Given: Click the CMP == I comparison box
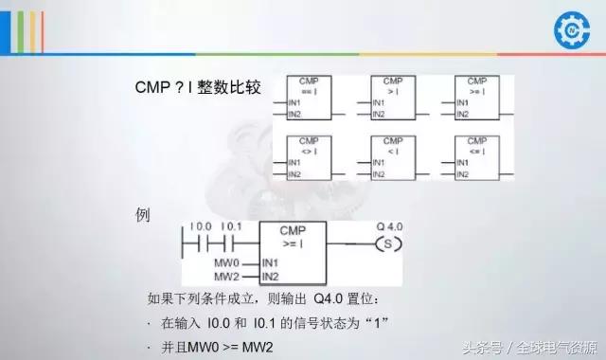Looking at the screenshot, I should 309,99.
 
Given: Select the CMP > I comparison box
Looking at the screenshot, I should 392,99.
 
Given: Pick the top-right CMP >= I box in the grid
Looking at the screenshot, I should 476,99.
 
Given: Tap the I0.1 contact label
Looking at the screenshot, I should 232,226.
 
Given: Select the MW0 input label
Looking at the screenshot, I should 227,261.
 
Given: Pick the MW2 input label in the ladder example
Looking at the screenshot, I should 227,276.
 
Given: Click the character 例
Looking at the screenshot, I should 144,214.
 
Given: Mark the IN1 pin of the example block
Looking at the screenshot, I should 270,261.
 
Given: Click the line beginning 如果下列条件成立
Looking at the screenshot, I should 270,299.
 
